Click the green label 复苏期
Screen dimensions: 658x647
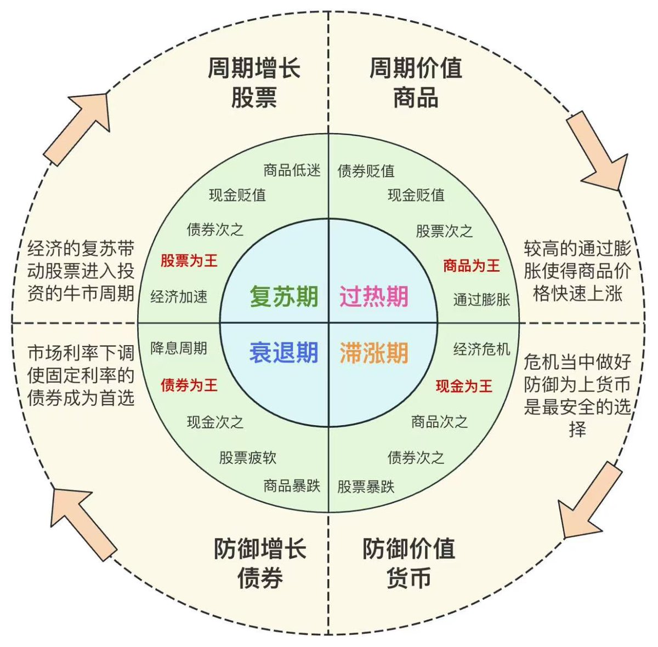coord(283,296)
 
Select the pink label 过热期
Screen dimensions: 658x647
coord(373,296)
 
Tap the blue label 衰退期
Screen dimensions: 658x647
coord(283,352)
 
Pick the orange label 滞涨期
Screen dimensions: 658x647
coord(373,352)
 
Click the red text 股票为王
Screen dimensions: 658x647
coord(189,260)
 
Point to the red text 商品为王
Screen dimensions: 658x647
coord(472,266)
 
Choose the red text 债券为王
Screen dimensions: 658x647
coord(189,385)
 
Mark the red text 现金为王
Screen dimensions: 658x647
coord(464,386)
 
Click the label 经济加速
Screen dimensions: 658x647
coord(179,296)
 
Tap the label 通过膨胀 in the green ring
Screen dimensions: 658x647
coord(481,299)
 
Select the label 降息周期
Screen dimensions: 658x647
coord(179,348)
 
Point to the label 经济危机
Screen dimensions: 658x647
coord(481,349)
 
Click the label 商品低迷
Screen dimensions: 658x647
coord(292,170)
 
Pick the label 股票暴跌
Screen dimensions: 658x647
coord(366,486)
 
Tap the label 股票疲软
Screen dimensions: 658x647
coord(248,457)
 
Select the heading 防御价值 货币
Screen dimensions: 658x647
coord(409,563)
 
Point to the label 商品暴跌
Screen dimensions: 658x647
coord(292,486)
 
